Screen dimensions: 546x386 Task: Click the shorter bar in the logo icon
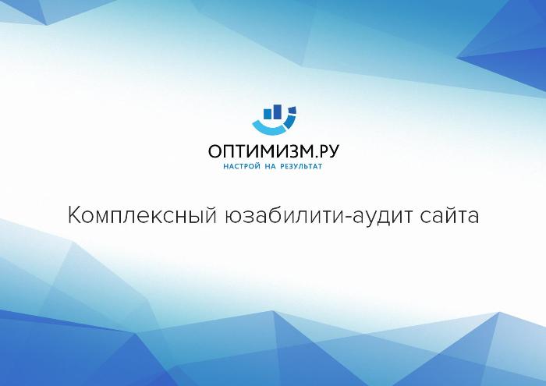tap(268, 114)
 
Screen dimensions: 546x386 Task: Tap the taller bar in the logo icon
tap(277, 112)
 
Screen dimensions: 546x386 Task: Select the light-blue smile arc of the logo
tap(268, 129)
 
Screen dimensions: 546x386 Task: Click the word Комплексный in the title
tap(142, 215)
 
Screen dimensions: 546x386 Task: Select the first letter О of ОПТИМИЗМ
tap(214, 152)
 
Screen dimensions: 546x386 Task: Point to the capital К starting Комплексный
tap(74, 215)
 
